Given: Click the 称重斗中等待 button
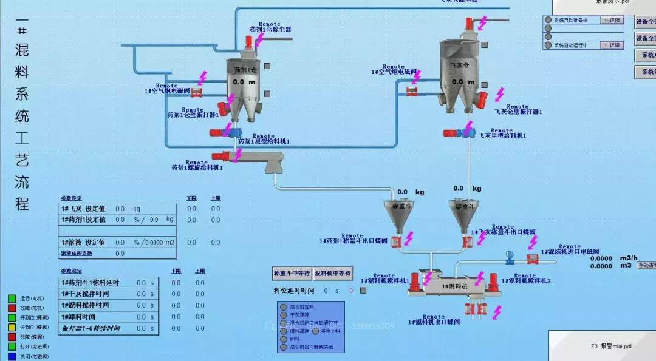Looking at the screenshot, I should [x=292, y=274].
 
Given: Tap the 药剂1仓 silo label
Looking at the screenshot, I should [x=245, y=69].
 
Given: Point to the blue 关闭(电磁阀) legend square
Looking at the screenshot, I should [x=12, y=356].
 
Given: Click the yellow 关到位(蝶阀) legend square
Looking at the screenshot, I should [x=12, y=327].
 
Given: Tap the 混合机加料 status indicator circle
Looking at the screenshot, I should [x=283, y=307].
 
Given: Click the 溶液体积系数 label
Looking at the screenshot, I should [x=77, y=254].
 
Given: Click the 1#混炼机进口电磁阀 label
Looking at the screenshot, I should [x=570, y=251].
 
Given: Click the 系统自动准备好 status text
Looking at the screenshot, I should [x=571, y=20].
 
